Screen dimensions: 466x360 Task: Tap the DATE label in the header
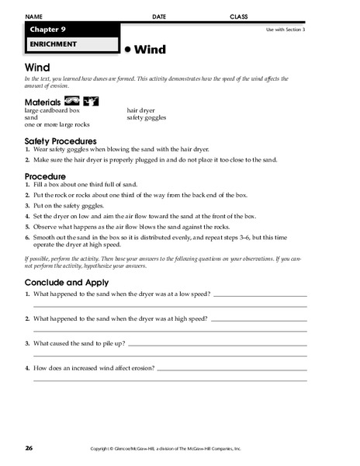pos(160,16)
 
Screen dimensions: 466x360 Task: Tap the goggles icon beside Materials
pos(71,101)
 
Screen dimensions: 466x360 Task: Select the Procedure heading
pos(45,176)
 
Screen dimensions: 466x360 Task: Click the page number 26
pos(29,449)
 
